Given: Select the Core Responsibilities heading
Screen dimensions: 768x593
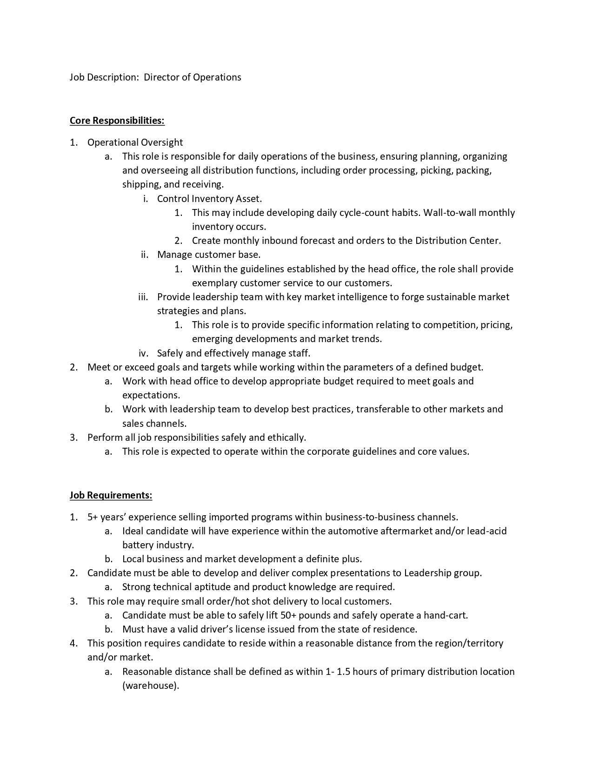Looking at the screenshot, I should (117, 121).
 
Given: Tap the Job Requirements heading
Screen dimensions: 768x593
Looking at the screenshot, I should (111, 495).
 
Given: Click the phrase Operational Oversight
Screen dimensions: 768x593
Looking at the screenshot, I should (135, 142).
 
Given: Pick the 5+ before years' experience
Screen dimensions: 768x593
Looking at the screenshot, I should (93, 517).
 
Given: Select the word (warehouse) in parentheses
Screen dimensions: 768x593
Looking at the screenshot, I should (150, 686).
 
